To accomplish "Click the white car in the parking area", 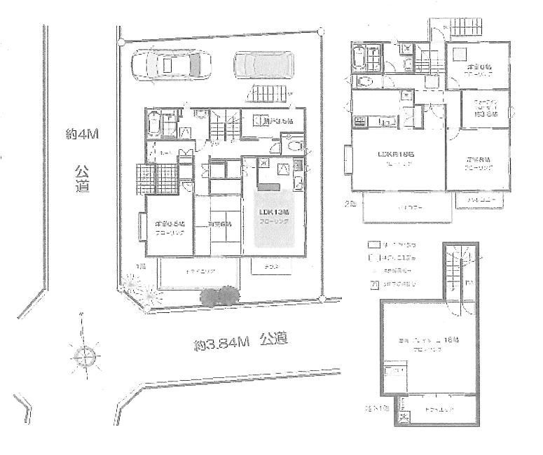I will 169,66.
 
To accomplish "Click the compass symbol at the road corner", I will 85,357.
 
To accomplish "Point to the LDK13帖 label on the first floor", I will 274,216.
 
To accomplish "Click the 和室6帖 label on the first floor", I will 219,225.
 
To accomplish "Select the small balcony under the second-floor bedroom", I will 478,201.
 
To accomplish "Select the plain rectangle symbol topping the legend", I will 374,245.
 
